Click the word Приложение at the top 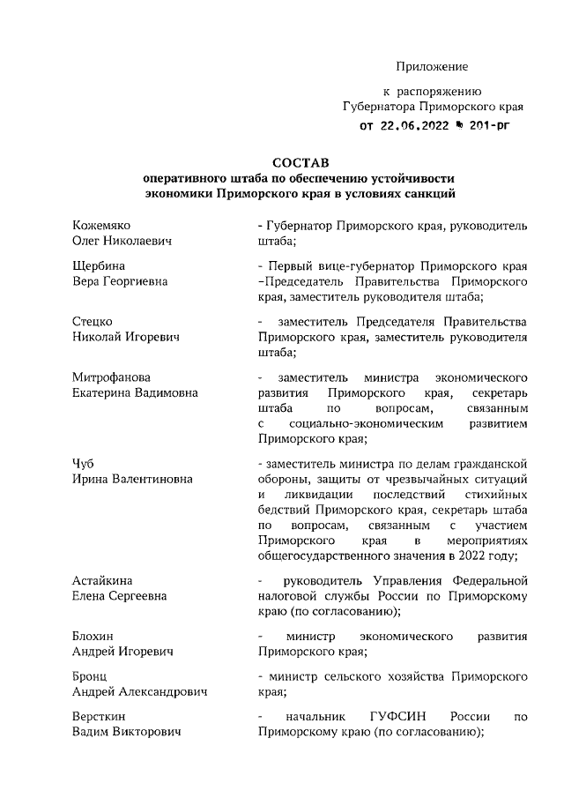point(432,66)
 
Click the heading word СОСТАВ point(300,162)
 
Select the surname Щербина point(98,265)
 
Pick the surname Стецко point(93,321)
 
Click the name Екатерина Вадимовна point(134,392)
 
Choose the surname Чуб point(84,462)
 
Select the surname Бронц point(91,676)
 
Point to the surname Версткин point(100,716)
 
